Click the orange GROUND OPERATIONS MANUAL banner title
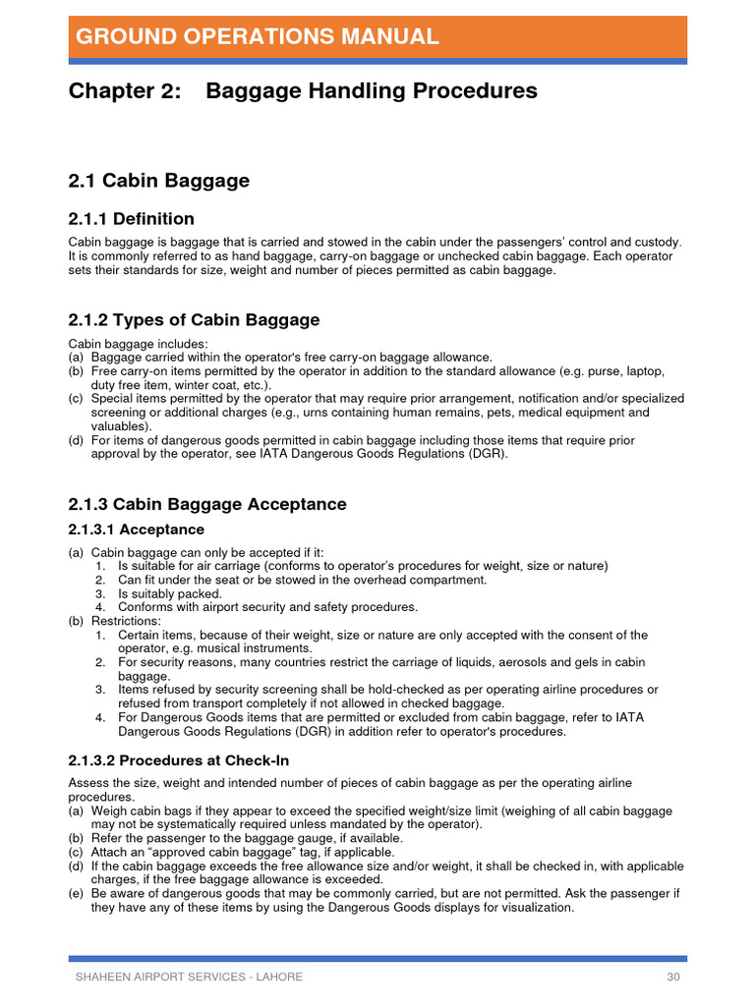(x=257, y=37)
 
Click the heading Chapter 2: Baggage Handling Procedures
(x=303, y=91)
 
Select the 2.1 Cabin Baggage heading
(x=158, y=181)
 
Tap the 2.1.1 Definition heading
(x=131, y=218)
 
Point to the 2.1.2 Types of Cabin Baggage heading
(x=194, y=320)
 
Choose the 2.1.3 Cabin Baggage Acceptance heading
(x=207, y=504)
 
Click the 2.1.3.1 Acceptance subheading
(x=137, y=531)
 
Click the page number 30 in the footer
(x=672, y=977)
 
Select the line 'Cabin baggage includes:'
(x=138, y=344)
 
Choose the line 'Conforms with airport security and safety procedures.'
(x=267, y=607)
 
